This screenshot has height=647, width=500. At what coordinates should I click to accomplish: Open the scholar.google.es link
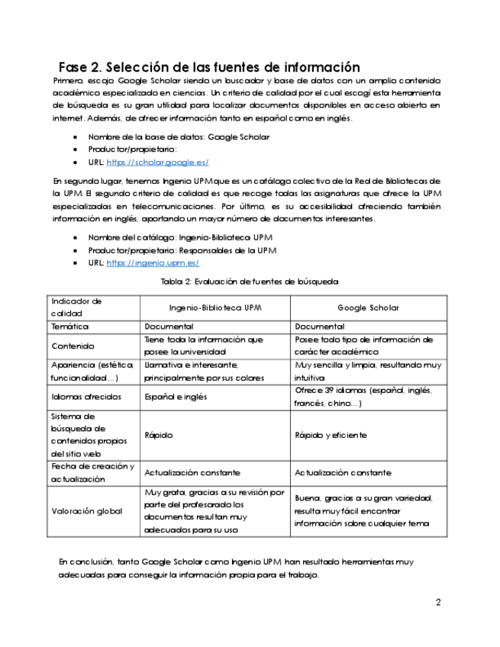pyautogui.click(x=157, y=163)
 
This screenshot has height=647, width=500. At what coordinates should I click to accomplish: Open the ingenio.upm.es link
pyautogui.click(x=153, y=262)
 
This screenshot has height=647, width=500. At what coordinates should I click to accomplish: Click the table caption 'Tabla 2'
pyautogui.click(x=249, y=282)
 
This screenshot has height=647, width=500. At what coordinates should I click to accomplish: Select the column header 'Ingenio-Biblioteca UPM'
pyautogui.click(x=215, y=307)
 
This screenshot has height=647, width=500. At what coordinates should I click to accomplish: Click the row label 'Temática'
pyautogui.click(x=69, y=327)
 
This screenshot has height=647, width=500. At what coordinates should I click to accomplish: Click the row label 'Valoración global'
pyautogui.click(x=86, y=511)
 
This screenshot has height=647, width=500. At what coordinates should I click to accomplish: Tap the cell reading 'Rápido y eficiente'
pyautogui.click(x=331, y=436)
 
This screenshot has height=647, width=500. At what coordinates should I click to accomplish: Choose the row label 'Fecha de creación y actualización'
pyautogui.click(x=92, y=473)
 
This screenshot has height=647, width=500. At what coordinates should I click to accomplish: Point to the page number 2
pyautogui.click(x=438, y=603)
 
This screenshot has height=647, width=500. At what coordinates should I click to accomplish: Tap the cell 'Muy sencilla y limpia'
pyautogui.click(x=367, y=371)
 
